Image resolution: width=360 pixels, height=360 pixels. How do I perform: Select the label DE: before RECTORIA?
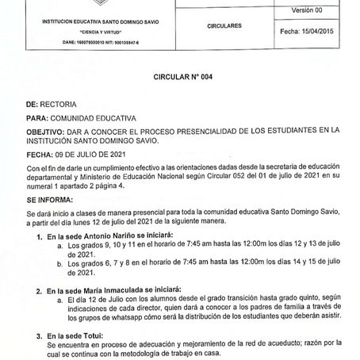click(x=33, y=103)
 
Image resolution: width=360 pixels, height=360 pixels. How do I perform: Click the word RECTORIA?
click(x=59, y=103)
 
